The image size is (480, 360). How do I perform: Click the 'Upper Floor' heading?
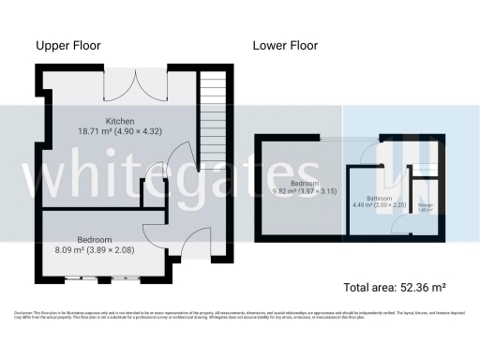click(x=68, y=45)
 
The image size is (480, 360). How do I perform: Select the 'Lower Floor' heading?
click(x=285, y=45)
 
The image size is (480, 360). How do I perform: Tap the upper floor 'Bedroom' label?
click(x=95, y=240)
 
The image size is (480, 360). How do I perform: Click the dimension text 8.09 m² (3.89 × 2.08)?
click(x=95, y=250)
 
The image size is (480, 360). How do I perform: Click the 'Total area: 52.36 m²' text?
click(x=395, y=287)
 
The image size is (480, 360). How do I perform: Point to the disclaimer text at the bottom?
click(x=240, y=314)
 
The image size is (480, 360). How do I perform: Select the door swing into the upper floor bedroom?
click(x=153, y=233)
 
